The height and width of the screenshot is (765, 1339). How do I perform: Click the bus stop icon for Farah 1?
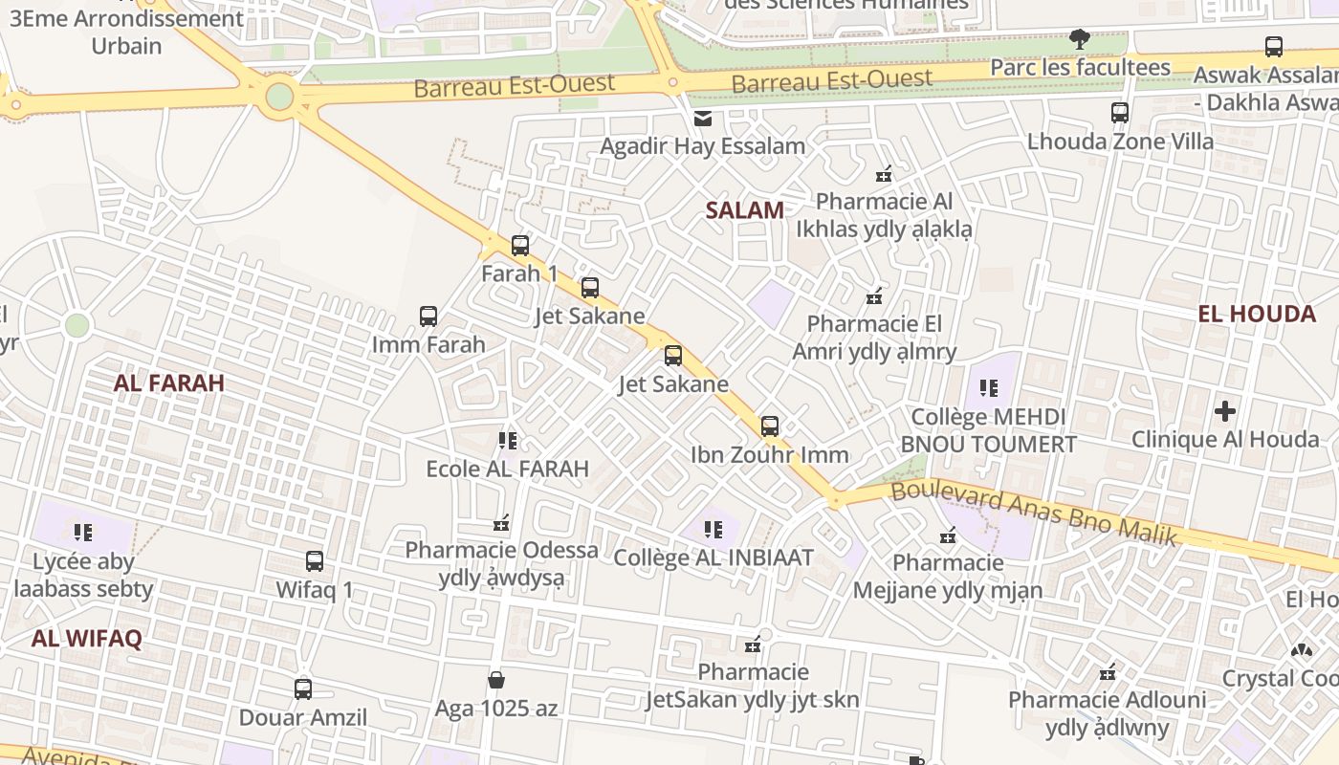point(520,246)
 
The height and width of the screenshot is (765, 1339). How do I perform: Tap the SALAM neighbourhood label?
point(744,210)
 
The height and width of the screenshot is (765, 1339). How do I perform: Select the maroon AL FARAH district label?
point(169,383)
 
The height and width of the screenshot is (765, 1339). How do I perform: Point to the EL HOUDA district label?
point(1256,314)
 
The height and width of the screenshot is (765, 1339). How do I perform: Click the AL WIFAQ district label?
point(86,639)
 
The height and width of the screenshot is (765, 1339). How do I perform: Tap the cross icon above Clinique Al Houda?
point(1225,412)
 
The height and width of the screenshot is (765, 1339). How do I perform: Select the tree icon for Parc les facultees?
point(1080,40)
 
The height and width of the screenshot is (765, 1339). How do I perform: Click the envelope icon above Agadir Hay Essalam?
point(703,119)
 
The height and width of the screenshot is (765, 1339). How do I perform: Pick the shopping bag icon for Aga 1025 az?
point(496,680)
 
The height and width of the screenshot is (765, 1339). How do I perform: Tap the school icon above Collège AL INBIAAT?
point(713,529)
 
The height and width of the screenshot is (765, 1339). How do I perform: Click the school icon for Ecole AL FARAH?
point(508,441)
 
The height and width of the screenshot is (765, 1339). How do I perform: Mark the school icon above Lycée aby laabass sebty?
point(83,532)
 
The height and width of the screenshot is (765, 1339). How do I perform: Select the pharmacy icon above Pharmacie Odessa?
point(500,523)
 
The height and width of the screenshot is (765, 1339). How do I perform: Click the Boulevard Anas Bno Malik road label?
point(1033,514)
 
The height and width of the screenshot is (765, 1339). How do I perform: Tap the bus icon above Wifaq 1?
point(315,561)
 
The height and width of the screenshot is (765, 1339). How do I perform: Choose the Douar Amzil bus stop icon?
point(303,688)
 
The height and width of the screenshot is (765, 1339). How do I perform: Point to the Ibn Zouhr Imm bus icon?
point(770,426)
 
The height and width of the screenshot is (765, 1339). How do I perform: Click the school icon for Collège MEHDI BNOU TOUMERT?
point(989,388)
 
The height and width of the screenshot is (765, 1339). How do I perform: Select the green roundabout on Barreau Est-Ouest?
point(279,97)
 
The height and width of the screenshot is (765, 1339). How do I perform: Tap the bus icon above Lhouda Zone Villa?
point(1120,113)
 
